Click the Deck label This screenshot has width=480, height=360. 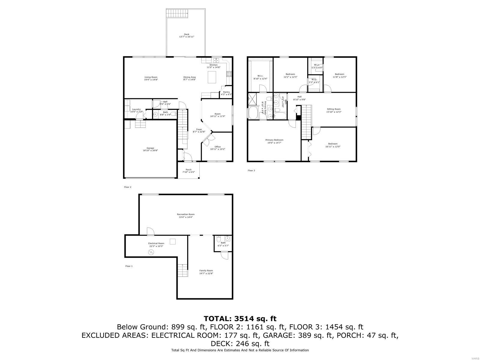187,34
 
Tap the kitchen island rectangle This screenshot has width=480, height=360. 212,77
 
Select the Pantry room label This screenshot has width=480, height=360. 226,92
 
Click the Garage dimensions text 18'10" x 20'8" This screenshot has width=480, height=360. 150,151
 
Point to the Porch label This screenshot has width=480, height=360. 188,170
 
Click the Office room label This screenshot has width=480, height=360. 217,147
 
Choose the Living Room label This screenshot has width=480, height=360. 151,77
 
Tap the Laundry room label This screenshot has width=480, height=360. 136,109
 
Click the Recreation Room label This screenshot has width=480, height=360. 186,214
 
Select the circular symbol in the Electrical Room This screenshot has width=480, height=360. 151,253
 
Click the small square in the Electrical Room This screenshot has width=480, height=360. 172,241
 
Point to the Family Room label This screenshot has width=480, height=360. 206,271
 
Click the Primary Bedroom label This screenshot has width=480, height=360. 274,140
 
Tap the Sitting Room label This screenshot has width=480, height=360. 334,109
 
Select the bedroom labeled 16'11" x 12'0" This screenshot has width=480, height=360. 333,145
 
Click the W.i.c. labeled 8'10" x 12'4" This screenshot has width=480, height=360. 260,77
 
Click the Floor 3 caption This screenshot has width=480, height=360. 251,170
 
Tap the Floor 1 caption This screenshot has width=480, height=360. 129,266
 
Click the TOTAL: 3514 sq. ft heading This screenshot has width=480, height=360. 240,318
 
